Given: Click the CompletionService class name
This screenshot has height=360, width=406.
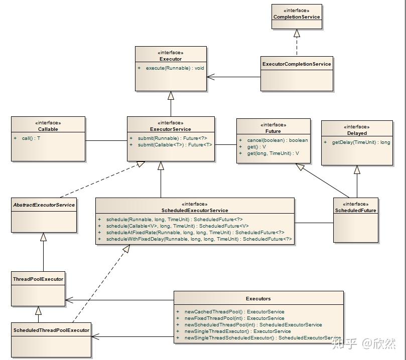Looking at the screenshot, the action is (x=297, y=17).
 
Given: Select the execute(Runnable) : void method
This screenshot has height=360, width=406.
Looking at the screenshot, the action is (x=175, y=68).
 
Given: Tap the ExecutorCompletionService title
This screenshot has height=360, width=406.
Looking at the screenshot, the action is (x=297, y=64).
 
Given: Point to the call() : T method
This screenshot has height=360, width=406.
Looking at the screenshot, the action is (x=31, y=138).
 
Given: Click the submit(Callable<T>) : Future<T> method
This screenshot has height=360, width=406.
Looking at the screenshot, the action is (x=175, y=145).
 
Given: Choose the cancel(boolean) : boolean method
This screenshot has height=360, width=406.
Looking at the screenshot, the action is (x=278, y=140).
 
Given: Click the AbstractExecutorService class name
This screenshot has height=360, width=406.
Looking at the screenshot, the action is (x=44, y=205).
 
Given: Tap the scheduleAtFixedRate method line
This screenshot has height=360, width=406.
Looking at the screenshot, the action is (x=195, y=233).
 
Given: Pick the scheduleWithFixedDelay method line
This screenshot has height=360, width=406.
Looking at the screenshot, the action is (x=199, y=239).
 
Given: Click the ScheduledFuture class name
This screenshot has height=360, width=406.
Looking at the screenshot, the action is (x=355, y=210).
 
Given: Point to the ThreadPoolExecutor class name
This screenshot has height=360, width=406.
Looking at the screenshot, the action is (x=38, y=279).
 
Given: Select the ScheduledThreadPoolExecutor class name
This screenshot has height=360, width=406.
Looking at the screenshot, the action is (x=51, y=330).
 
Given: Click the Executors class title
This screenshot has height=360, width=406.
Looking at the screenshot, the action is (x=258, y=299).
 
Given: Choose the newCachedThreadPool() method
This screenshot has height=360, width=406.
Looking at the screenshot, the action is (x=234, y=312).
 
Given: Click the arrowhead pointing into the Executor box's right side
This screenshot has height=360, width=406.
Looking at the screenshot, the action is (x=210, y=77).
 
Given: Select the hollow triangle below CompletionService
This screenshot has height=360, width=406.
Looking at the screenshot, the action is (x=297, y=33).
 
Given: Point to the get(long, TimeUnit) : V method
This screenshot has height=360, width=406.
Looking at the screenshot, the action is (x=273, y=153).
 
